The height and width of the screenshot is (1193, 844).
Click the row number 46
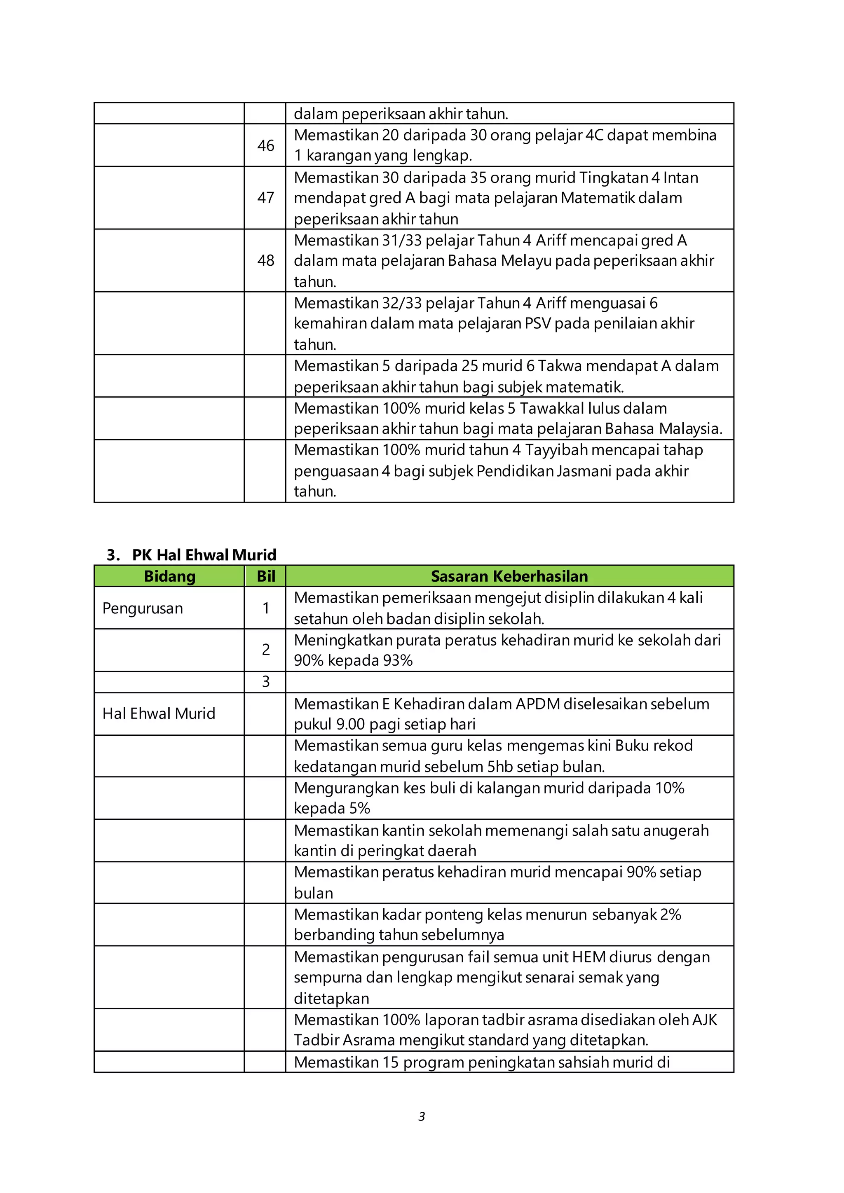pyautogui.click(x=265, y=145)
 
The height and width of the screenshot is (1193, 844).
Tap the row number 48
pyautogui.click(x=265, y=260)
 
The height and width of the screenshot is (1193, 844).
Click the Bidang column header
pyautogui.click(x=169, y=576)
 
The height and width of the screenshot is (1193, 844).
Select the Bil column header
pyautogui.click(x=265, y=576)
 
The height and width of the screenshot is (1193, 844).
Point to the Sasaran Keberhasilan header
pyautogui.click(x=509, y=576)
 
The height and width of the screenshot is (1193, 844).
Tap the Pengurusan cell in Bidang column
pyautogui.click(x=143, y=608)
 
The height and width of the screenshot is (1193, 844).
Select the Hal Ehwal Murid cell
pyautogui.click(x=159, y=713)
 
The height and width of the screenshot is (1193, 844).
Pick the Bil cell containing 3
pyautogui.click(x=265, y=681)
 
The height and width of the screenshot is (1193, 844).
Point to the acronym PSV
pyautogui.click(x=538, y=323)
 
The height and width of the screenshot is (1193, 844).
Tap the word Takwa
pyautogui.click(x=559, y=366)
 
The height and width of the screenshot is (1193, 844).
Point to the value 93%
pyautogui.click(x=398, y=660)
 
